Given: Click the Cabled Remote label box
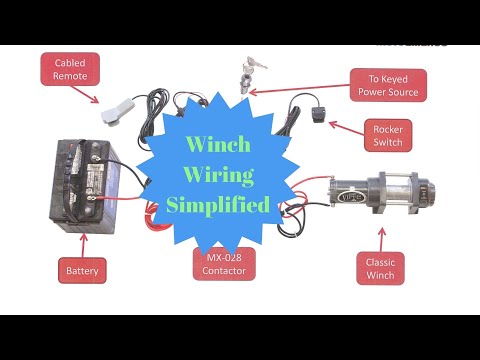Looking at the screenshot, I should click(x=69, y=69).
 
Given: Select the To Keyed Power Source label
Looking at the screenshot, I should click(x=388, y=85).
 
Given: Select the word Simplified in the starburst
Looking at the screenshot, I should click(x=219, y=206).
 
